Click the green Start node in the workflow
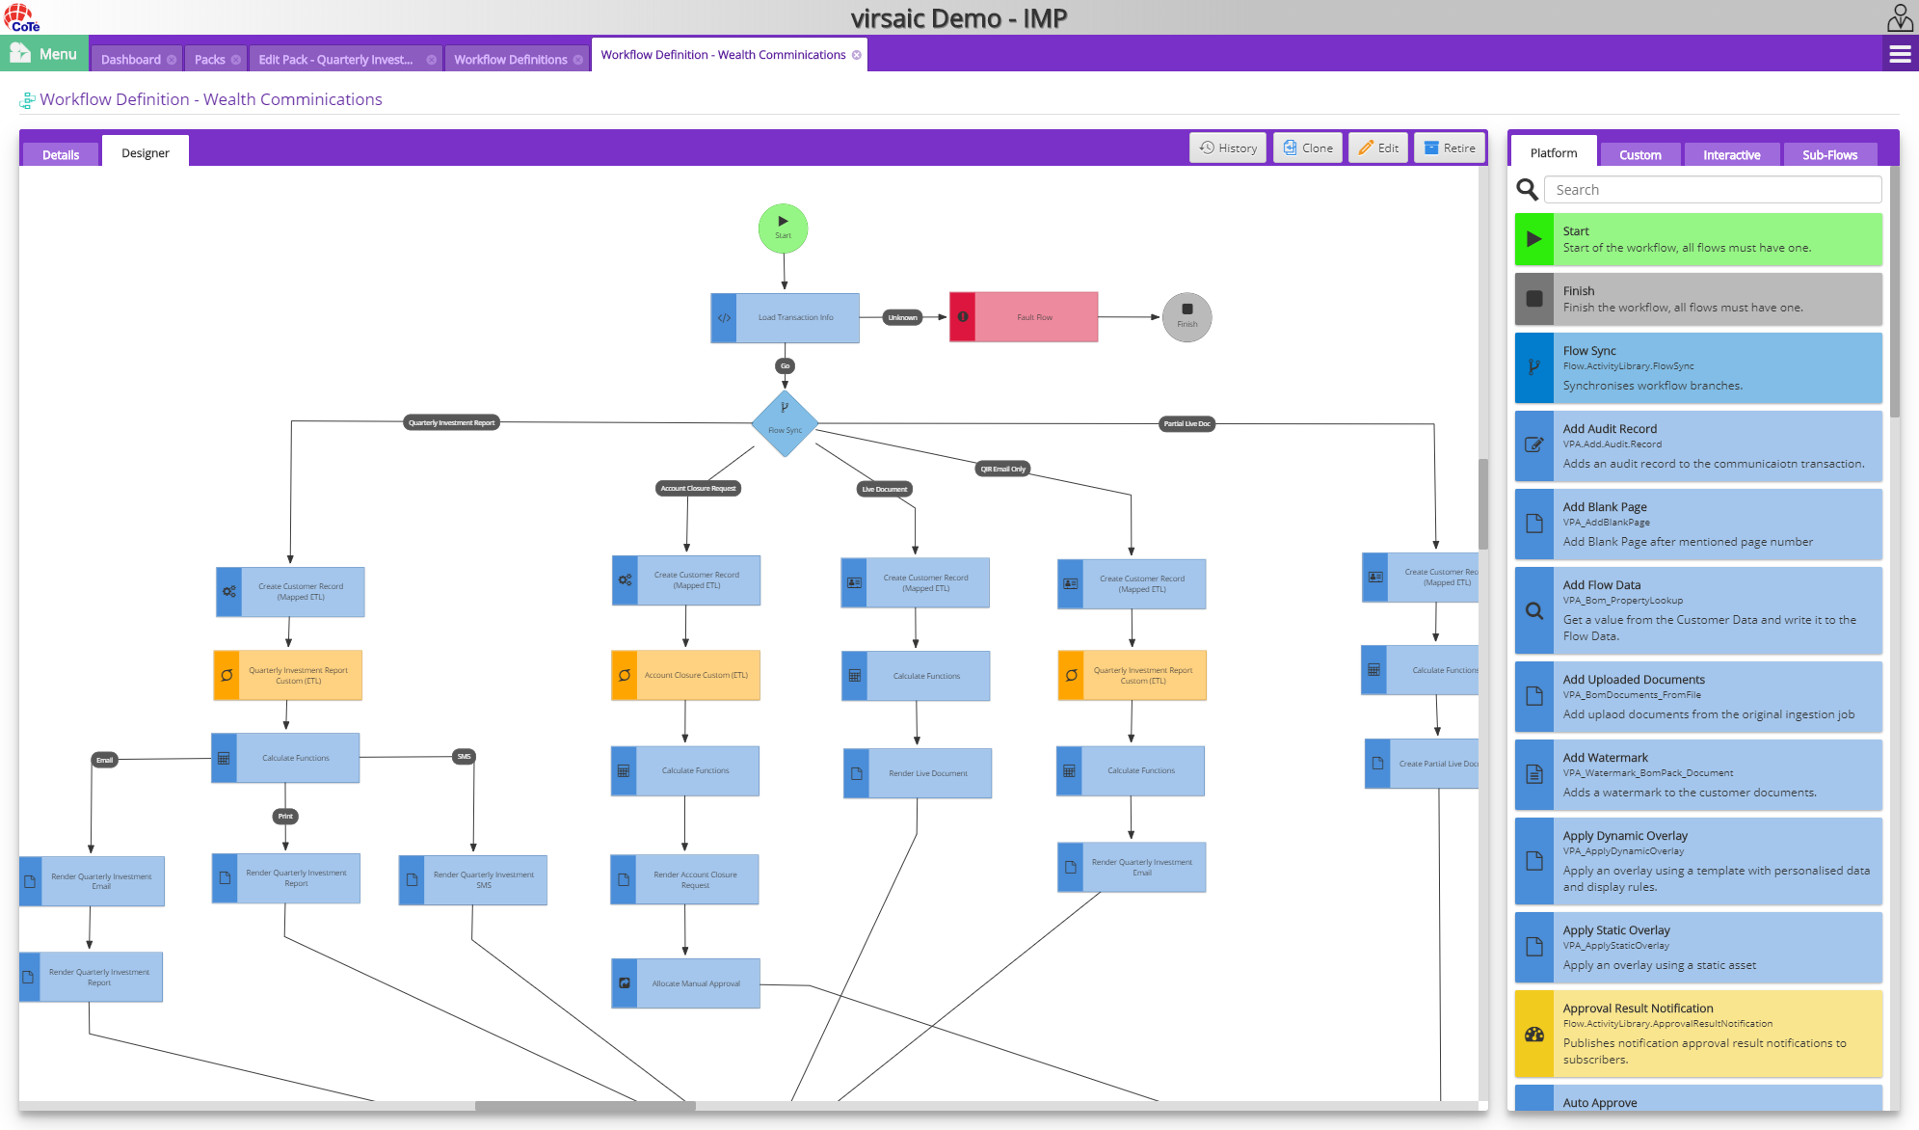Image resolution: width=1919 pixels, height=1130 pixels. [x=783, y=229]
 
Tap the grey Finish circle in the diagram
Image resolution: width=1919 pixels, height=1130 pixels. [x=1186, y=317]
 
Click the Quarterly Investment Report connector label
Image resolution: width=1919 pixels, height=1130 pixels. [x=451, y=422]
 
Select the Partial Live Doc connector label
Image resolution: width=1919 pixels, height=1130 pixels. [x=1186, y=423]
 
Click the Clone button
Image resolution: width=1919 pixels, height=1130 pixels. [x=1308, y=148]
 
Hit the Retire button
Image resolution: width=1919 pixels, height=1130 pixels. [x=1450, y=148]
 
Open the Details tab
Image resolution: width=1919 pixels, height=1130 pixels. [x=61, y=154]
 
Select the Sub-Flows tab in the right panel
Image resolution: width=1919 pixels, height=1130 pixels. [x=1829, y=154]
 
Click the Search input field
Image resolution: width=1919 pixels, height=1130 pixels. [x=1712, y=190]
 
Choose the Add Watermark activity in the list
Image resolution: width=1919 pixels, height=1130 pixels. [x=1698, y=775]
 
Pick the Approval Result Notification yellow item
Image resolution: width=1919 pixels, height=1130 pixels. [x=1698, y=1034]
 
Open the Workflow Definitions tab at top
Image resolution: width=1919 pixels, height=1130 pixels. [x=511, y=59]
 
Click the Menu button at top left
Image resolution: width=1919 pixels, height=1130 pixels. [x=44, y=54]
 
